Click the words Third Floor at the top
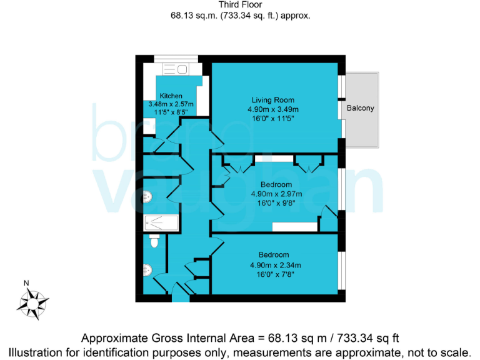tap(240, 4)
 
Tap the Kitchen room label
tap(170, 96)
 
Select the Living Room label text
tap(272, 100)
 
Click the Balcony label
tap(360, 108)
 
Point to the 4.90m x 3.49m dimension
tap(272, 109)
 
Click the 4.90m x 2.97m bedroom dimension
tap(276, 194)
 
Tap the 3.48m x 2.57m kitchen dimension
tap(171, 104)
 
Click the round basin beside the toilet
tap(148, 270)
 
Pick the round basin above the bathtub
tap(147, 197)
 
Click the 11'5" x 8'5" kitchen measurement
tap(171, 112)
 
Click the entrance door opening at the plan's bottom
tap(180, 299)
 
